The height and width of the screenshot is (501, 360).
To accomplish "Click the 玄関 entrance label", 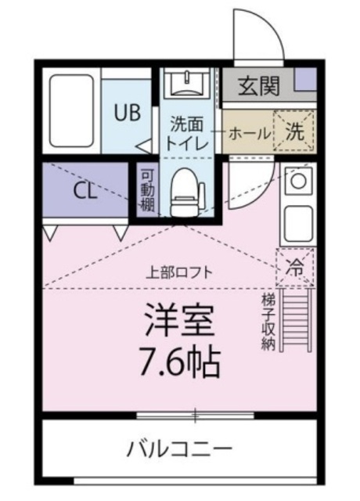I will tap(258, 85).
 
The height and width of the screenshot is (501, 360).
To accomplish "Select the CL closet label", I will tap(85, 190).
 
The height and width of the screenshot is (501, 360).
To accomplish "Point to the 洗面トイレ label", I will tap(188, 133).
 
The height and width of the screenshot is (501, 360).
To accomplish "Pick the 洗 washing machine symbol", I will tap(296, 132).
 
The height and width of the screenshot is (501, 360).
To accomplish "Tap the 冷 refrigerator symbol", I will tap(295, 267).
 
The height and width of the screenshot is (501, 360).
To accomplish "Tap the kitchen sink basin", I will tap(297, 222).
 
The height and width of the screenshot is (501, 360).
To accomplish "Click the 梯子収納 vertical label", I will tap(268, 321).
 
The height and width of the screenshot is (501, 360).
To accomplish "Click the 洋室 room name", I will tap(180, 319).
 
